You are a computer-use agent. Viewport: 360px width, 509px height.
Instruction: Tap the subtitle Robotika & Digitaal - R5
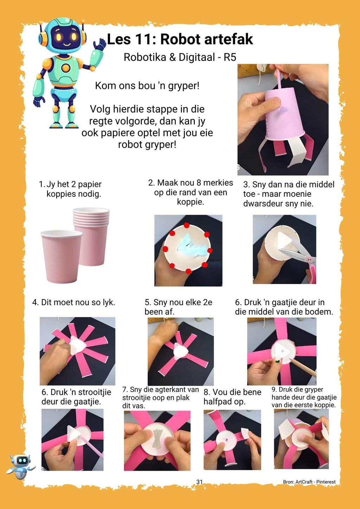(x=180, y=57)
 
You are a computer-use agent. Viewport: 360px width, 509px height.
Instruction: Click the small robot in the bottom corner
(x=21, y=466)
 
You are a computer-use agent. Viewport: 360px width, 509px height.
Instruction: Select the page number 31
(x=199, y=482)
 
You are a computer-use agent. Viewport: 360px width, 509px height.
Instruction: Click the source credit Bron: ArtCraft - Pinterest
(x=309, y=482)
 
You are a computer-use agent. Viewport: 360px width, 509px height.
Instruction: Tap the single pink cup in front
(x=62, y=257)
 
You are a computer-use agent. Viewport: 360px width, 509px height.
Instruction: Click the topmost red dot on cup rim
(x=187, y=225)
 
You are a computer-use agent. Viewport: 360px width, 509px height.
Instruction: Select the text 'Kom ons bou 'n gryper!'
(x=147, y=86)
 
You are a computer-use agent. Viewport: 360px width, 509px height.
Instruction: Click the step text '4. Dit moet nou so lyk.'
(x=73, y=302)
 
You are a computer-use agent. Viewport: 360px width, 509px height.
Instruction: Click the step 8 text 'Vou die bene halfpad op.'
(x=232, y=397)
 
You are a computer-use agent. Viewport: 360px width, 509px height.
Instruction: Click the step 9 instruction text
(x=304, y=397)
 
